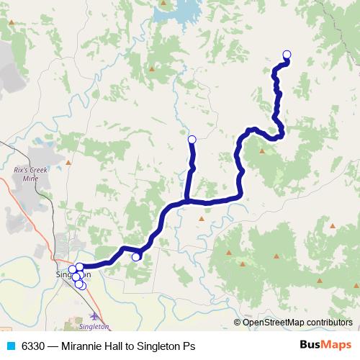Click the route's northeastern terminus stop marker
(x=287, y=54)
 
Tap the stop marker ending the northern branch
(x=192, y=139)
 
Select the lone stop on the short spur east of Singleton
(x=135, y=256)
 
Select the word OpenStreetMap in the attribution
(x=273, y=322)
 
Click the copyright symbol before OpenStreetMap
(x=238, y=322)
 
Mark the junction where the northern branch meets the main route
(x=186, y=200)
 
